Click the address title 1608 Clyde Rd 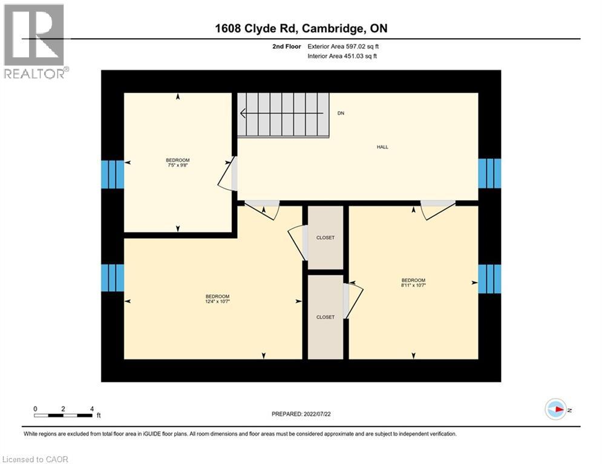click(301, 28)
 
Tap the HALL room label click(382, 147)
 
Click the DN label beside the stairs click(341, 114)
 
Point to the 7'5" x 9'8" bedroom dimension click(177, 165)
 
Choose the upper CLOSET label click(326, 237)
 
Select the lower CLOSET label click(326, 317)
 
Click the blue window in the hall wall click(489, 173)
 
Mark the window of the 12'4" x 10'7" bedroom click(113, 278)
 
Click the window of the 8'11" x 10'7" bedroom click(489, 279)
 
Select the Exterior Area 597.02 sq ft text click(343, 46)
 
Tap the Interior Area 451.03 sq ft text click(343, 56)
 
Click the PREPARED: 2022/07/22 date click(301, 414)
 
